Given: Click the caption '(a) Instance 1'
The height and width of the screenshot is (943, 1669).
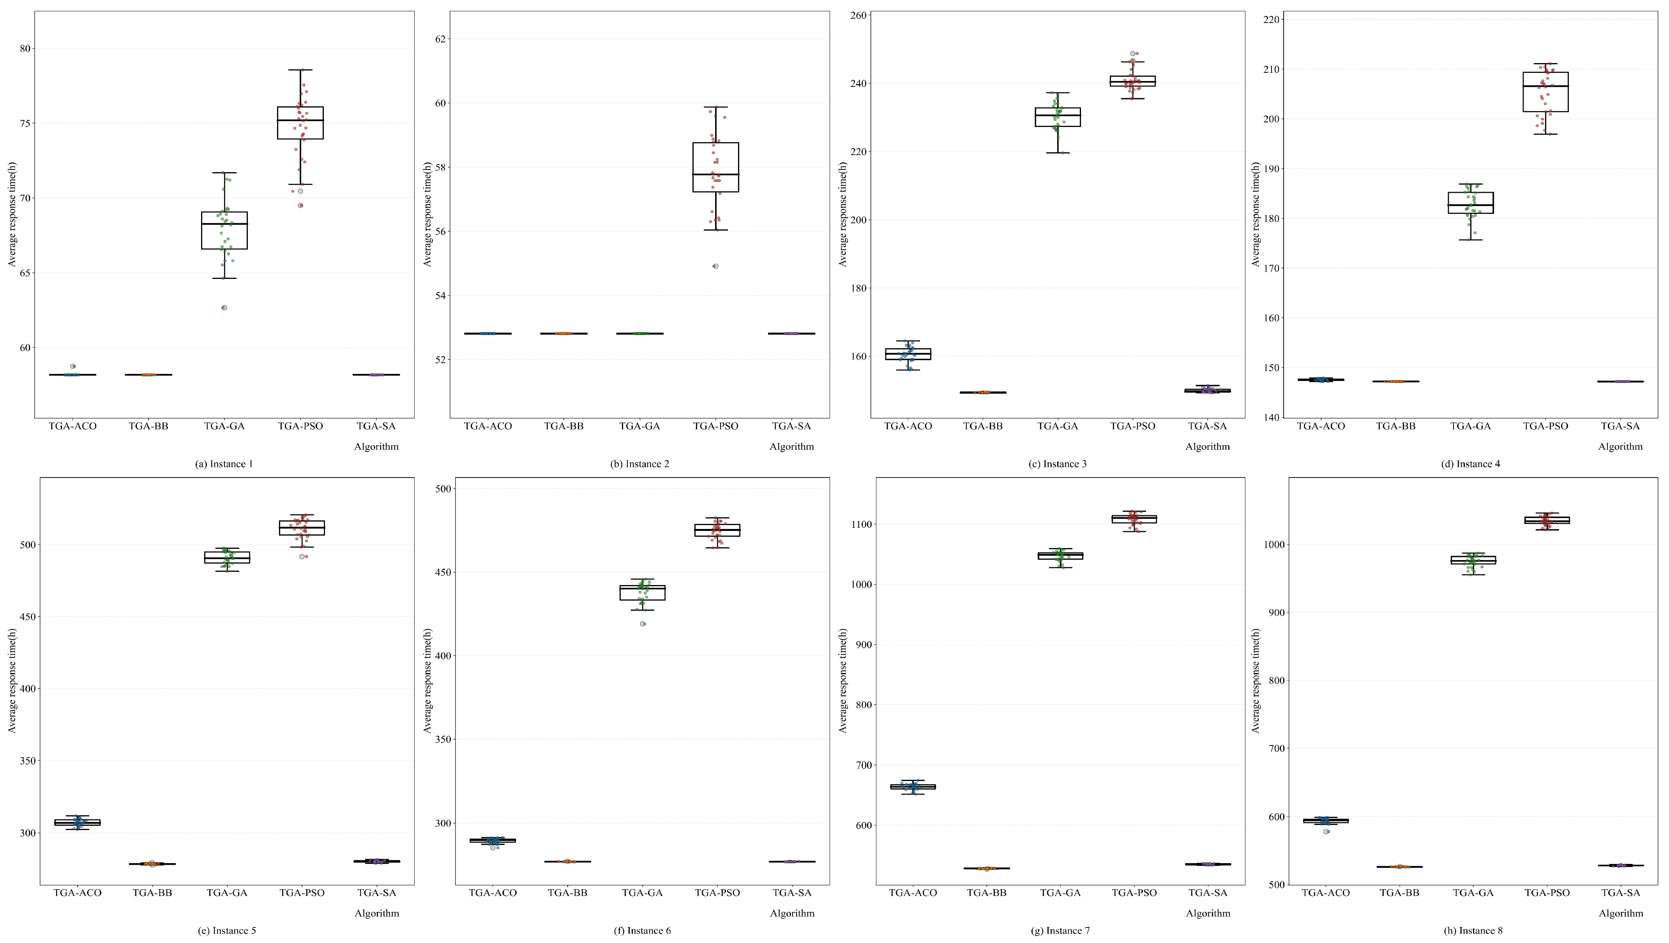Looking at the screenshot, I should (x=224, y=464).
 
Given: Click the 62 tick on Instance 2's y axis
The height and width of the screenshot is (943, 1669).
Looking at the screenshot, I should (x=441, y=39).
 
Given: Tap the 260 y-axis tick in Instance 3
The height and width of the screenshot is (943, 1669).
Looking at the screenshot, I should (x=860, y=16).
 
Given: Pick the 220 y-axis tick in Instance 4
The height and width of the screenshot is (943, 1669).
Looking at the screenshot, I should (x=1272, y=19).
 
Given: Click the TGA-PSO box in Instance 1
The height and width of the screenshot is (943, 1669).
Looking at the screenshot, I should (x=300, y=123).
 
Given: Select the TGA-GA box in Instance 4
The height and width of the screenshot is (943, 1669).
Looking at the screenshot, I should (x=1471, y=203).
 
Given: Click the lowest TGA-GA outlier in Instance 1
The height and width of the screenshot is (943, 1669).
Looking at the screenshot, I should (x=224, y=308).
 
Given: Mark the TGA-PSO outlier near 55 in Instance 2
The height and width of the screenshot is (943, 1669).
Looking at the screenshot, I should (x=715, y=266).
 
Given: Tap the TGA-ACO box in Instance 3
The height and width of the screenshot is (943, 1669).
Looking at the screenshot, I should (x=908, y=354).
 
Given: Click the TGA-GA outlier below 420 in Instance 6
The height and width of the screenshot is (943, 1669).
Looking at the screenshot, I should (x=643, y=624).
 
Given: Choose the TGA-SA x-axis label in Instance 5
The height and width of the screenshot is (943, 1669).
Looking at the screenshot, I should (x=376, y=892).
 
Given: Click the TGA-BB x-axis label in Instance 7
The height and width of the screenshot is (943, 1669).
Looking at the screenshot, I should (x=987, y=892).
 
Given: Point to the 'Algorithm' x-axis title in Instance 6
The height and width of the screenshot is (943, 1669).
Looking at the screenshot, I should (x=792, y=913).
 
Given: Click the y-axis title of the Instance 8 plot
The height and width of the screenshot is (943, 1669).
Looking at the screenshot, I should (x=1256, y=680).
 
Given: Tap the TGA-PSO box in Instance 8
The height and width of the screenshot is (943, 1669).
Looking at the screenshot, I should (x=1547, y=520).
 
